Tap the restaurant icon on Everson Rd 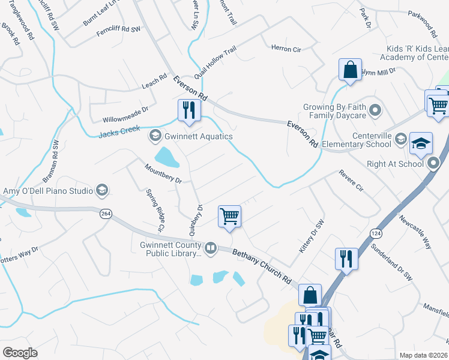click(x=188, y=110)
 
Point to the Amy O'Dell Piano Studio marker click(x=103, y=191)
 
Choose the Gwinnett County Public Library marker click(x=210, y=248)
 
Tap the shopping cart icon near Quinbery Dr click(x=229, y=216)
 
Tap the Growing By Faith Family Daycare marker click(x=376, y=110)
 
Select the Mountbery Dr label click(x=163, y=173)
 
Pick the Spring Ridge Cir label click(x=154, y=211)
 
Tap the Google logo click(x=20, y=353)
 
